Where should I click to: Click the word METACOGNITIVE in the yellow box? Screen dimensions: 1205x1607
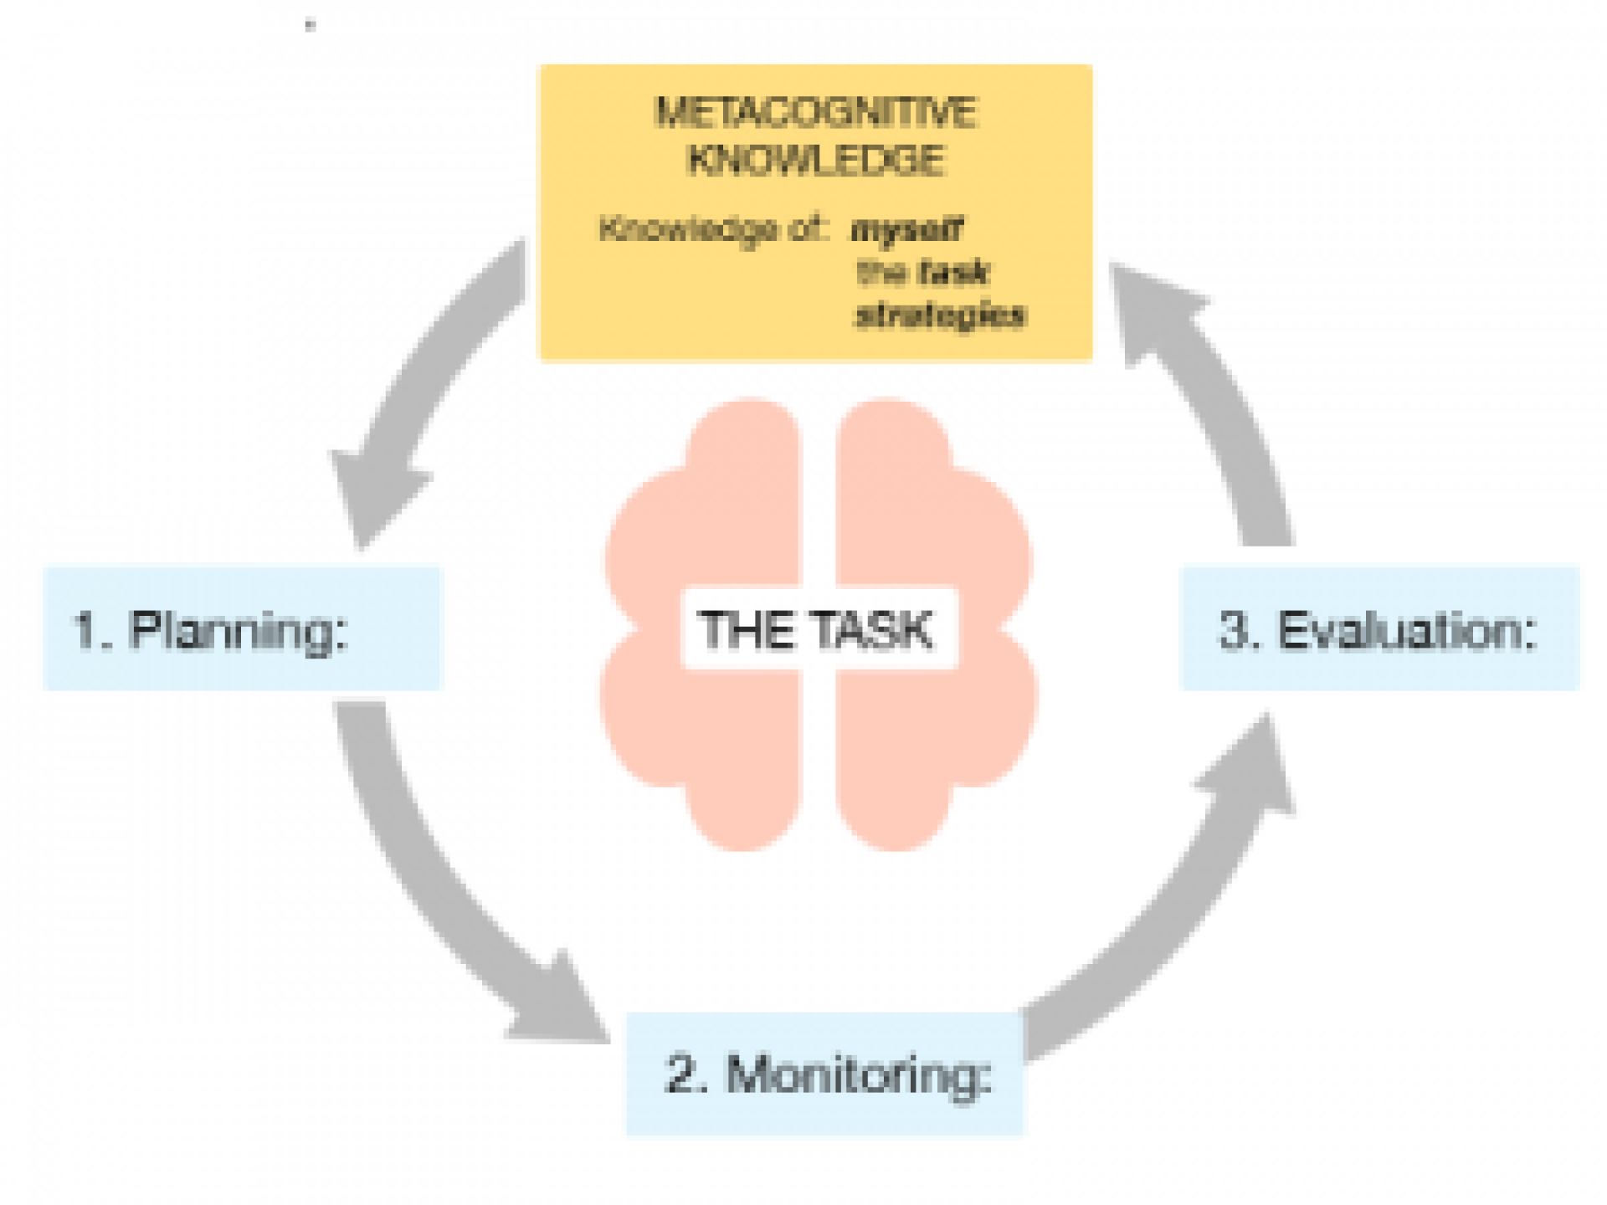(x=815, y=113)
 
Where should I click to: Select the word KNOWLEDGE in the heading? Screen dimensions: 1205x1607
(x=815, y=160)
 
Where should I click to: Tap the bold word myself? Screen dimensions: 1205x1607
(x=906, y=229)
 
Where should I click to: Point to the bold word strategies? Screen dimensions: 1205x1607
(x=940, y=315)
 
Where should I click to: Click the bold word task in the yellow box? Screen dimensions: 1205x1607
(x=953, y=272)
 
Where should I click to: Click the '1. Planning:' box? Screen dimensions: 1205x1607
(x=242, y=628)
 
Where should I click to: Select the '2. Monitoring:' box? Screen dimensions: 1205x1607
(x=824, y=1074)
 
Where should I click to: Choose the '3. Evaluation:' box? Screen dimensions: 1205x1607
(x=1379, y=628)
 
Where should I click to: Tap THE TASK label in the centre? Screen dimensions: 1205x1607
(x=818, y=629)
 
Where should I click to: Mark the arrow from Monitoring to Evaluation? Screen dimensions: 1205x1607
(x=1172, y=904)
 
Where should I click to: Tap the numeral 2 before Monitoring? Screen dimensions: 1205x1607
(x=679, y=1074)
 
